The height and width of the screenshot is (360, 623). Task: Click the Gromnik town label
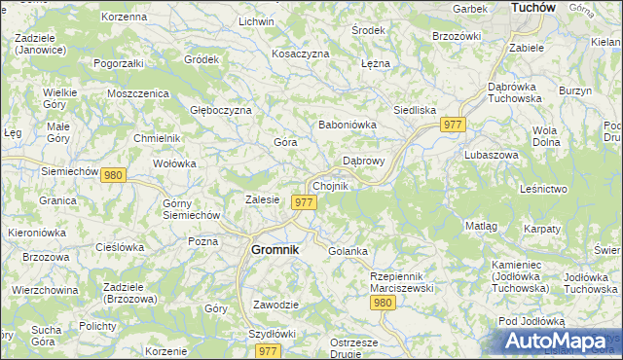pyautogui.click(x=274, y=249)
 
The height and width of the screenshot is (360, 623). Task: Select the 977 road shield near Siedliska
pyautogui.click(x=454, y=126)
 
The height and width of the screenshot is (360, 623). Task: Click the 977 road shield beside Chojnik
pyautogui.click(x=304, y=201)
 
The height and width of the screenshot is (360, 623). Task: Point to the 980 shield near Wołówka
pyautogui.click(x=113, y=175)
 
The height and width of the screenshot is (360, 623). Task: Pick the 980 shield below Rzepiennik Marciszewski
pyautogui.click(x=383, y=304)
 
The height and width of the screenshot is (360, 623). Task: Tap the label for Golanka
pyautogui.click(x=348, y=251)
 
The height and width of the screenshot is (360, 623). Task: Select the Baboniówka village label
pyautogui.click(x=348, y=125)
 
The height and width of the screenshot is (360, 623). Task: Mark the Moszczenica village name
pyautogui.click(x=139, y=93)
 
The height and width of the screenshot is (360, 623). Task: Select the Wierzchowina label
pyautogui.click(x=45, y=290)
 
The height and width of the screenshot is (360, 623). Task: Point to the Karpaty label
pyautogui.click(x=541, y=229)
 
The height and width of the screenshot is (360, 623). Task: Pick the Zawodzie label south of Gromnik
pyautogui.click(x=275, y=305)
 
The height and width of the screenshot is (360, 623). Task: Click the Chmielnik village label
pyautogui.click(x=157, y=138)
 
